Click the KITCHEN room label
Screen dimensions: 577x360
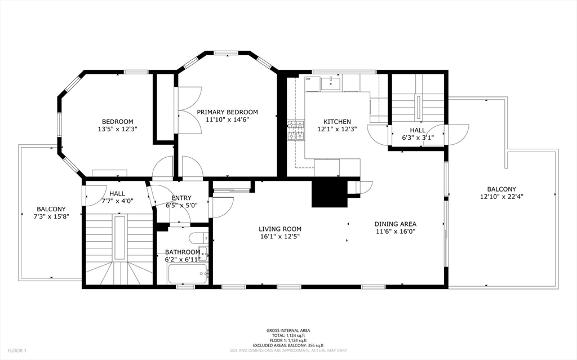337,122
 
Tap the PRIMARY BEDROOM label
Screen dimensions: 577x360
227,112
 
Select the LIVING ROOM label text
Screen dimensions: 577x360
280,229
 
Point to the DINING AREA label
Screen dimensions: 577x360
396,224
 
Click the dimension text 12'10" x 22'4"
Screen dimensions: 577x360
502,197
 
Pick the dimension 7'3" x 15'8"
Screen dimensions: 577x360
51,216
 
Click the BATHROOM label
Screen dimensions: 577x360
183,252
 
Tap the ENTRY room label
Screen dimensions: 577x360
181,198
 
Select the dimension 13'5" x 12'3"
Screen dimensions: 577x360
118,129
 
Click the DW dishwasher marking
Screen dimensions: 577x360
308,79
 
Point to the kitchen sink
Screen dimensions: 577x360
331,82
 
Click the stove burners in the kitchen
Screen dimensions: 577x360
296,130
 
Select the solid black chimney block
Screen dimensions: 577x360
330,194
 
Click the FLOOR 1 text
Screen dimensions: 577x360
17,351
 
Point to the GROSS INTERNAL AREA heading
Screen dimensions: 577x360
288,331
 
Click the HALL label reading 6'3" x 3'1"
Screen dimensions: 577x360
418,134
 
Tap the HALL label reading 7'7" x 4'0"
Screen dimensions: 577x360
117,197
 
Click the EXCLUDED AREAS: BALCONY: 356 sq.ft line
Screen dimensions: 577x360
288,345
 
